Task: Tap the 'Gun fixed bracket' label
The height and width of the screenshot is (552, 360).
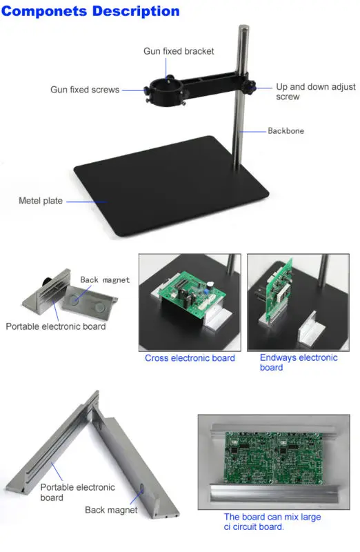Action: coord(179,51)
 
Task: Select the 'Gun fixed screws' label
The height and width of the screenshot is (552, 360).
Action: coord(85,90)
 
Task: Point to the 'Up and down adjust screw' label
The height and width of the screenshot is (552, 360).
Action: coord(316,92)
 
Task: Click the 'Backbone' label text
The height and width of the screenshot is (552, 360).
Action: coord(286,131)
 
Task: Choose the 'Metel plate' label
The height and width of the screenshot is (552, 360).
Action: coord(41,201)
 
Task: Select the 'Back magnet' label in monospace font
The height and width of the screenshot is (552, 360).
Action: coord(105,280)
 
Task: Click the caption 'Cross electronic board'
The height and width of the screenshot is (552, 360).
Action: coord(190,358)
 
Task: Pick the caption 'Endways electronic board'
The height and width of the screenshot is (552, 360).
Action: coord(299,363)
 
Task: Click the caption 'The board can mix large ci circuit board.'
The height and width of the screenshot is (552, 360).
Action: coord(272,522)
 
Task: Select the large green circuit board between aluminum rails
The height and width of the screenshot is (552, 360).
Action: coord(273,457)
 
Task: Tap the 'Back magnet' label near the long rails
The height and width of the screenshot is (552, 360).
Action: coord(111,510)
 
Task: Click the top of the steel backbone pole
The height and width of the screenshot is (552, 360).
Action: coord(243,27)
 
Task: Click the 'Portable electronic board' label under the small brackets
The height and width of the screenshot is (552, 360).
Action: coord(56,326)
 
